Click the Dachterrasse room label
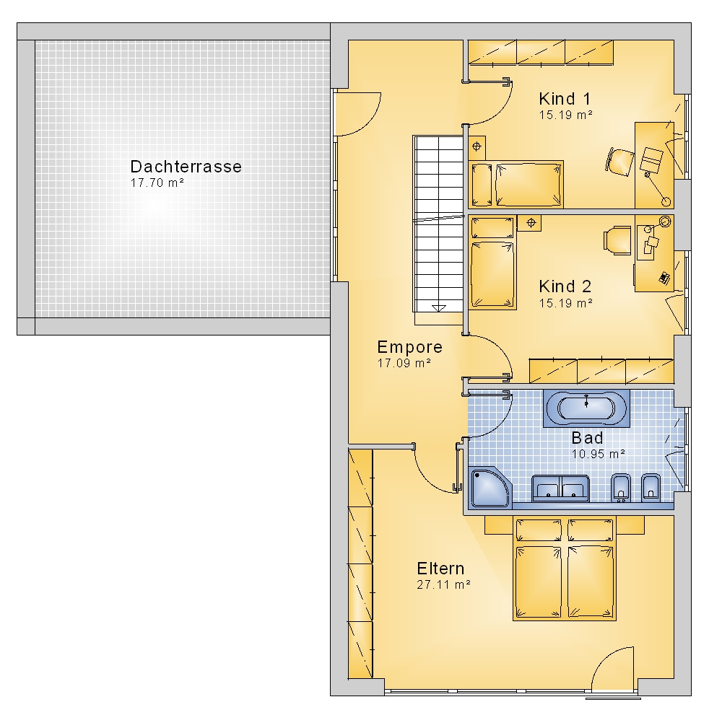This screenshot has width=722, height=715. coord(186,167)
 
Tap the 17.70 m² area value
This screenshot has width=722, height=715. coord(157,183)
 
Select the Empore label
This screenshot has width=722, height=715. coord(410,347)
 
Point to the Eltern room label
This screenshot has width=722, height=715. coord(440,569)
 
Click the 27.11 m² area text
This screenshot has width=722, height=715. coord(443,585)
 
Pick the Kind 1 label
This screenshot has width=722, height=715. coord(565,99)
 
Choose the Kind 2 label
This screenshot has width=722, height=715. coord(565,286)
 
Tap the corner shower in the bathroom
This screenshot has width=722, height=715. coord(490,487)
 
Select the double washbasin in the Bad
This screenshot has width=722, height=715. coord(560,488)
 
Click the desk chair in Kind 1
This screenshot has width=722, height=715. coord(619,162)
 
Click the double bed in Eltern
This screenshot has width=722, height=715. coord(565,569)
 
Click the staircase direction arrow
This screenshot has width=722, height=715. coord(439,308)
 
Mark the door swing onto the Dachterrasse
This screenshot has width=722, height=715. coord(358,114)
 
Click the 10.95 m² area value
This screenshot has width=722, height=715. coord(598,454)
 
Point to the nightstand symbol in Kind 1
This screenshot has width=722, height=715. coord(477,146)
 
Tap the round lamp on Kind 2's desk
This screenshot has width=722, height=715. coord(665,221)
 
